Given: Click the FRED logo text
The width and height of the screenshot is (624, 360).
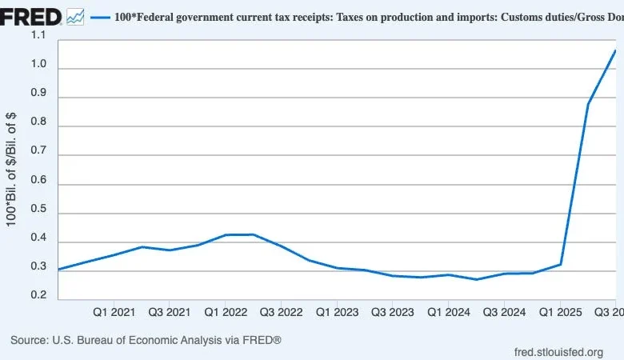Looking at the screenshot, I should click(x=31, y=15).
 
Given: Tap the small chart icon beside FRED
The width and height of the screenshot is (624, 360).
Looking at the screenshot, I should click(x=76, y=16).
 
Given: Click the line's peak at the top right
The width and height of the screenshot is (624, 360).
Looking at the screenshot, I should click(x=614, y=50).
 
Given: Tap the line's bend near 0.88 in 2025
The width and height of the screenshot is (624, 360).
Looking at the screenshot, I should click(x=588, y=104).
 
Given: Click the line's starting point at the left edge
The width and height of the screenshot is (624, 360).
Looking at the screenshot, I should click(x=59, y=270).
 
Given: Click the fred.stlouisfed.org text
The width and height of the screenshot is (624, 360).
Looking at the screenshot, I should click(x=559, y=352).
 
